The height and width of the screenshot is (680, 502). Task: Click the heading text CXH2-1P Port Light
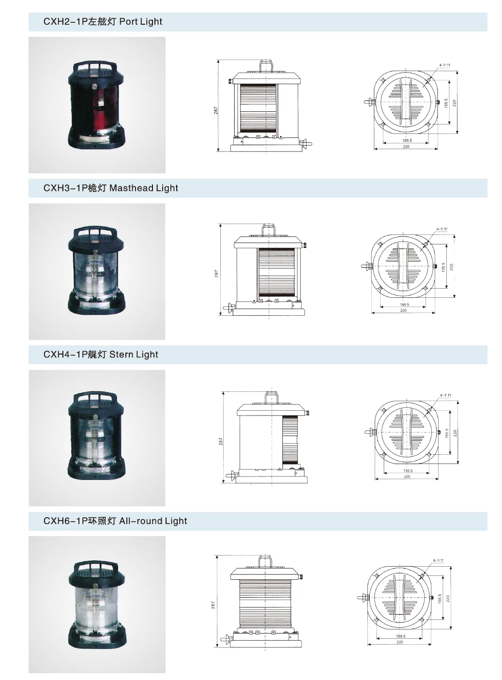click(103, 22)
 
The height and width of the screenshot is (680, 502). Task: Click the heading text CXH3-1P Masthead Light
click(110, 188)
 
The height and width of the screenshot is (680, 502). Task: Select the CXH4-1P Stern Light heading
click(101, 355)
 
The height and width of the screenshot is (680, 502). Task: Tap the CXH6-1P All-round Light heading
click(115, 521)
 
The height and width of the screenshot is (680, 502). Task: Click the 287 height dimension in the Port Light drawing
click(216, 110)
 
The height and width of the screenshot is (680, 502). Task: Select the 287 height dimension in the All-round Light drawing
click(213, 605)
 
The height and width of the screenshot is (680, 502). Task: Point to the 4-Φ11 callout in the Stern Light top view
click(445, 395)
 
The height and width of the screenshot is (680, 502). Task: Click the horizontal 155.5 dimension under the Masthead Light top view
click(404, 305)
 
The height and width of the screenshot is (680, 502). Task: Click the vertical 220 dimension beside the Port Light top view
click(454, 103)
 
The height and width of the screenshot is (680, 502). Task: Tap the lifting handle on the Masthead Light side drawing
click(267, 228)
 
